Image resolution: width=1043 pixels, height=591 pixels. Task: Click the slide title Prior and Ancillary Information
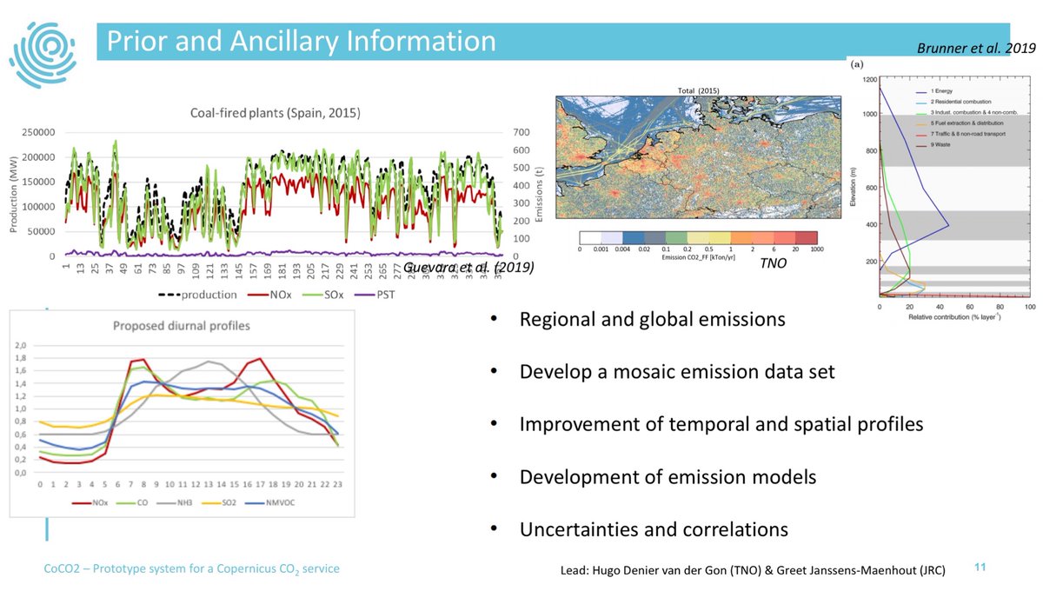coord(301,41)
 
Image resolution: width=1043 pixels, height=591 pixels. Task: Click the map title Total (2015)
coord(698,90)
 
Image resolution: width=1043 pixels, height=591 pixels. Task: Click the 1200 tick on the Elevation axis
coord(868,79)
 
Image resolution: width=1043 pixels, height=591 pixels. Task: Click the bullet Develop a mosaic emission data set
coord(676,372)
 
